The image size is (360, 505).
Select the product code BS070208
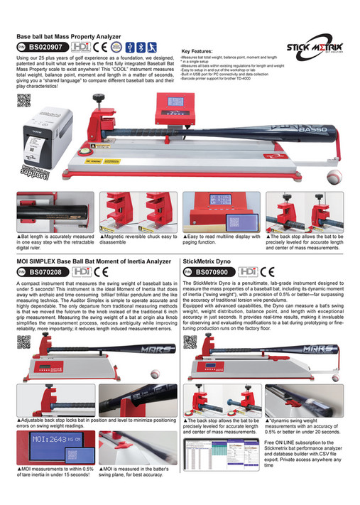[x=48, y=271]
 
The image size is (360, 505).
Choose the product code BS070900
[x=212, y=271]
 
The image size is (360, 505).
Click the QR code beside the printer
[x=23, y=100]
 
